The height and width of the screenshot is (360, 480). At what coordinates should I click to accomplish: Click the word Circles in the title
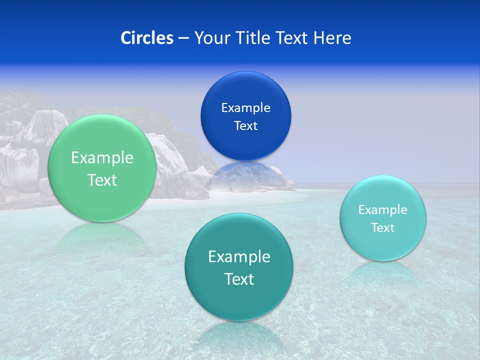coord(147,38)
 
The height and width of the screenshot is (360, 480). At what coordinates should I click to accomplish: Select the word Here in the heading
coord(332,38)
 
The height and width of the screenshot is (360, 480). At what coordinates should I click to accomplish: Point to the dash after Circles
coord(183,38)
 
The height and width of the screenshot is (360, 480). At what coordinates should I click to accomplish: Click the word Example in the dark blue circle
coord(245,108)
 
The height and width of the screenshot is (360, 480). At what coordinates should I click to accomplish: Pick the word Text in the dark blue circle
coord(245,126)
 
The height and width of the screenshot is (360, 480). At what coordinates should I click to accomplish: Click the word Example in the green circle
coord(102,158)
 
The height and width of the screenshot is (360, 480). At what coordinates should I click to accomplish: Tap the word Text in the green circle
coord(102,180)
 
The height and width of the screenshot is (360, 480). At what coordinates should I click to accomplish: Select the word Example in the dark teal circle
coord(239,257)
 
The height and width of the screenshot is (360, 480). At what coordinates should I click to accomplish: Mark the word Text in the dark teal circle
coord(239,279)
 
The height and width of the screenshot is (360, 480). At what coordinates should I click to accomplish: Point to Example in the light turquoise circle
coord(382,210)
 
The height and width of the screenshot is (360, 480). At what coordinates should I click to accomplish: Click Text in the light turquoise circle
coord(382,228)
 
